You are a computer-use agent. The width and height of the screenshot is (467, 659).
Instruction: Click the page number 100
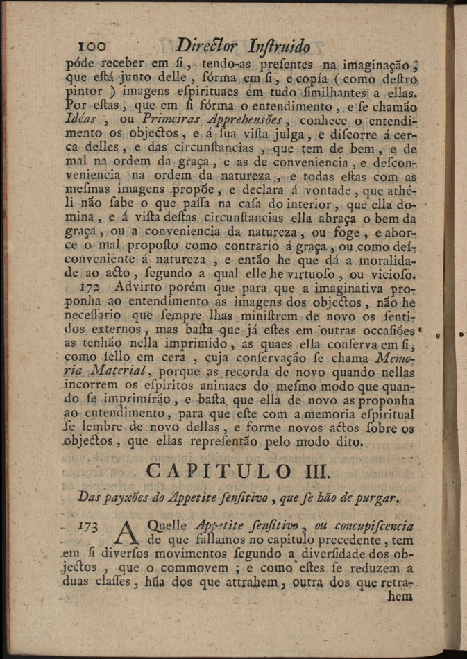92,46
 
